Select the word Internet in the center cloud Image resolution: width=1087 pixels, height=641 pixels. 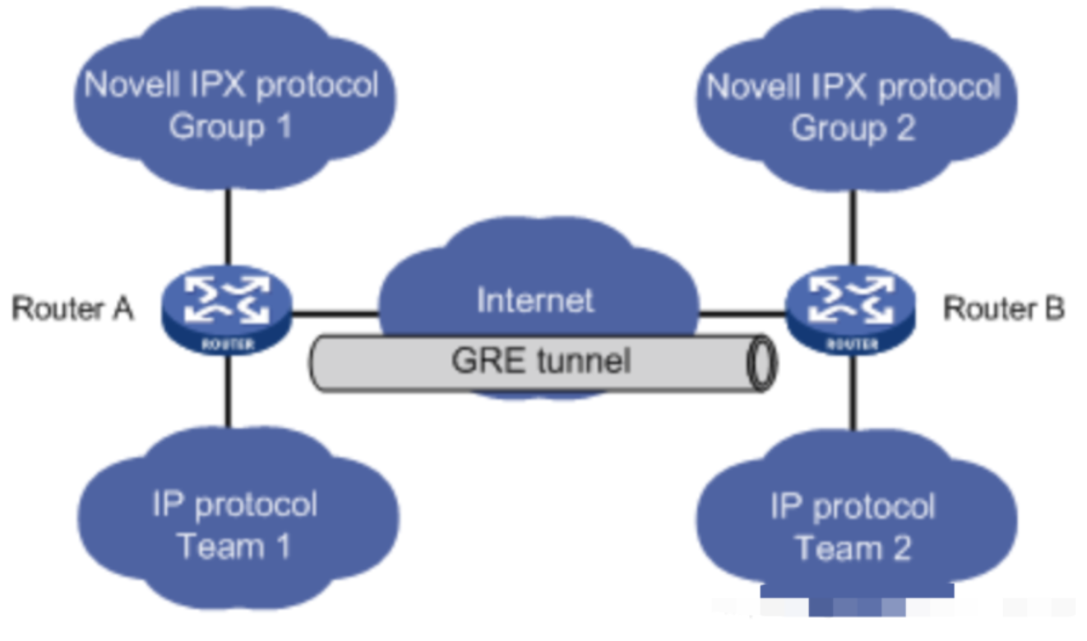535,300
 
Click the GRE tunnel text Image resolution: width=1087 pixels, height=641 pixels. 541,360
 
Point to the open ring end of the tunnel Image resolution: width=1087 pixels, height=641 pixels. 761,362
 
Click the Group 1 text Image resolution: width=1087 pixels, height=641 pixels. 230,127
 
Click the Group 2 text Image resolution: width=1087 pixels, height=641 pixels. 853,129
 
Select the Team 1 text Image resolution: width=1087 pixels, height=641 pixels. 234,546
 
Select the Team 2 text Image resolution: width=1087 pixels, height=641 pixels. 853,548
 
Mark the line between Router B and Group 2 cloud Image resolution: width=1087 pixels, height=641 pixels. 853,230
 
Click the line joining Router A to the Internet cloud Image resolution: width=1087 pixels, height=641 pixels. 335,313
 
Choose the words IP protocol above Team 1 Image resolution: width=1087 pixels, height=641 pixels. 234,504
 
